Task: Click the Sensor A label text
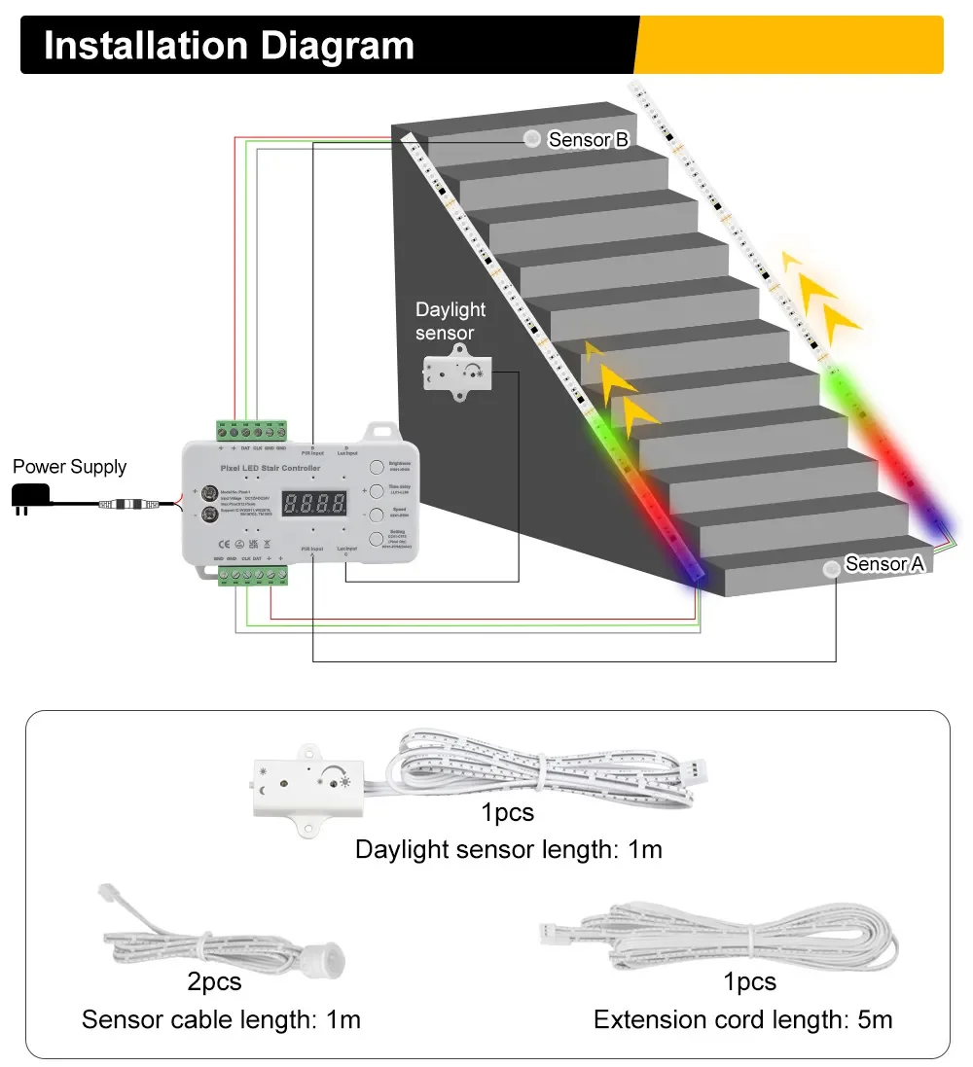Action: pyautogui.click(x=883, y=564)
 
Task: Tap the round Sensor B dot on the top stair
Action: pyautogui.click(x=532, y=139)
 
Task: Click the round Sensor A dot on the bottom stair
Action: pyautogui.click(x=832, y=569)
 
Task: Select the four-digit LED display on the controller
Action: pyautogui.click(x=314, y=504)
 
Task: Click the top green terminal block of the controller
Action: pyautogui.click(x=251, y=430)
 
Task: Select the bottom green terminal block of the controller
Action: pyautogui.click(x=252, y=576)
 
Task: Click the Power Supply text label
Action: pyautogui.click(x=69, y=467)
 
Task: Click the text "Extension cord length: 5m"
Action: pyautogui.click(x=742, y=1019)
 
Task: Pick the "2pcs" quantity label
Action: pyautogui.click(x=214, y=981)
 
